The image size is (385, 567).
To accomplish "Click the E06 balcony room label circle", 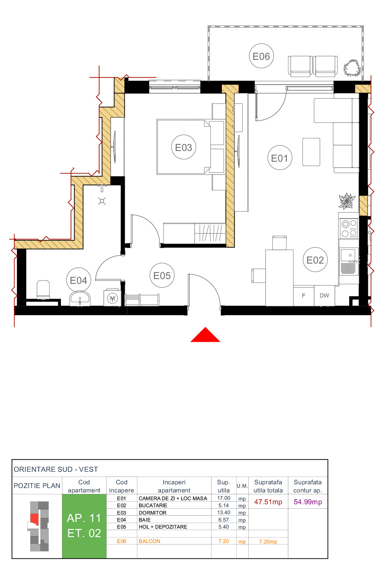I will [261, 56].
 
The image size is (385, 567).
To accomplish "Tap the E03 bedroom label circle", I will [183, 147].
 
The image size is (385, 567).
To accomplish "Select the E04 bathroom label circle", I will [78, 280].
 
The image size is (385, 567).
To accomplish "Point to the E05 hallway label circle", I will [162, 275].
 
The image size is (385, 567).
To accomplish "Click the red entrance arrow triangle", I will [205, 336].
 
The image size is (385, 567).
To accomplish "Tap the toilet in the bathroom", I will [43, 289].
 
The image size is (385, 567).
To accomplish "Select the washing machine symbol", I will [112, 298].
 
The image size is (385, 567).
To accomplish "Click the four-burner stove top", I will [348, 228].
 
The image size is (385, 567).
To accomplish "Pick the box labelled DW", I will [324, 295].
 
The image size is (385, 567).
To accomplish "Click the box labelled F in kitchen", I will [303, 295].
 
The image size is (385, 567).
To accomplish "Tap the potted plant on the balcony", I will [352, 68].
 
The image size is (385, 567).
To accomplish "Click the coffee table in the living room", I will [311, 152].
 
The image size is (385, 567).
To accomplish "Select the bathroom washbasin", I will [80, 298].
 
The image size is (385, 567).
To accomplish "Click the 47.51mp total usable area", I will [268, 502].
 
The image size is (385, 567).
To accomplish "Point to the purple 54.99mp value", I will [308, 502].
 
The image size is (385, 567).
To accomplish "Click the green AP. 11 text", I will [84, 518].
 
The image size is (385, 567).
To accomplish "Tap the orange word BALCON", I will [149, 541].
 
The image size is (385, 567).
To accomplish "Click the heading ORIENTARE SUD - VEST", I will [56, 469].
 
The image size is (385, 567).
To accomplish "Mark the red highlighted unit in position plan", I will [35, 518].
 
